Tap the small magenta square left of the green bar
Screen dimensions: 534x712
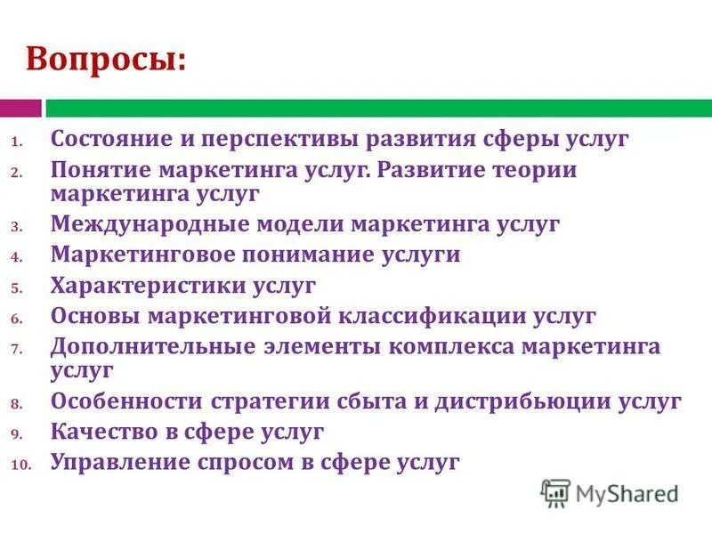[x=20, y=109]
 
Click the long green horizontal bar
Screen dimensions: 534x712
[x=378, y=109]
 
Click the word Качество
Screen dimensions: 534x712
[x=106, y=432]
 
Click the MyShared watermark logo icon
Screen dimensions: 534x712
[x=555, y=492]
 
